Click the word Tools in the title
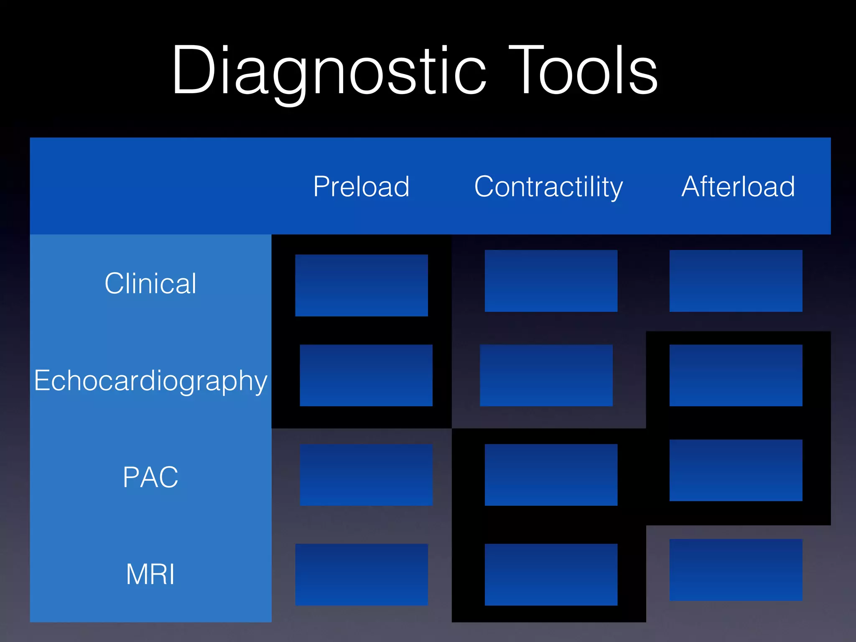point(583,71)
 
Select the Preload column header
point(362,186)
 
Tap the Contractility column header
point(548,186)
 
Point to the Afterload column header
point(738,186)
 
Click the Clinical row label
point(150,283)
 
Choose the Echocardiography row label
point(150,380)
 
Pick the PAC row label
point(150,477)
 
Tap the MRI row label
point(150,574)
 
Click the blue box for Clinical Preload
point(362,285)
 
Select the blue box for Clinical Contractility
point(551,281)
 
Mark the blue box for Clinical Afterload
point(736,281)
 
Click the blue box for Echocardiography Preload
point(366,375)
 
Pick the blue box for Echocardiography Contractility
point(546,375)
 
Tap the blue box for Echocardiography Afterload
point(736,375)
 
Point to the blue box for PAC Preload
point(366,475)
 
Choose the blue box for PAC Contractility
point(551,475)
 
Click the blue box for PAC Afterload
point(736,470)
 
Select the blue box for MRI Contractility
point(551,574)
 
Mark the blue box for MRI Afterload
point(736,570)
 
